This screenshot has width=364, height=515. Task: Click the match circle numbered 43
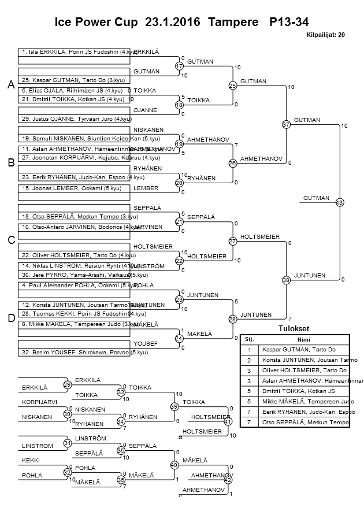[339, 202]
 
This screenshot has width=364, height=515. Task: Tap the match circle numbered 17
[179, 67]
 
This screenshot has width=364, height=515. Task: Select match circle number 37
[286, 124]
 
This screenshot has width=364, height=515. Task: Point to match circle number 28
[233, 319]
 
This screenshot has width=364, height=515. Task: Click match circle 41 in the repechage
[228, 421]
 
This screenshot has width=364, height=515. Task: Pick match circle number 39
[173, 407]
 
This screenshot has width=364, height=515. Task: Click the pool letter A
[10, 85]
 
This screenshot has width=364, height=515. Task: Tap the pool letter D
[10, 318]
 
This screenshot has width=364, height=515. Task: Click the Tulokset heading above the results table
[294, 329]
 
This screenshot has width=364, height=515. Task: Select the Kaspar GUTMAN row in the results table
[304, 349]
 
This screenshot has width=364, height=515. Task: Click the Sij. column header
[249, 339]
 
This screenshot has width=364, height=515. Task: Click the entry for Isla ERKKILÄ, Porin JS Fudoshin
[75, 52]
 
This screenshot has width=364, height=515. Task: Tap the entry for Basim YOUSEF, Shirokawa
[75, 351]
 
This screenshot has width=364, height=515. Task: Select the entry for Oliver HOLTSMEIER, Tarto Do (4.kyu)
[75, 255]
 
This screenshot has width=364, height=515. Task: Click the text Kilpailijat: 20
[326, 35]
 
